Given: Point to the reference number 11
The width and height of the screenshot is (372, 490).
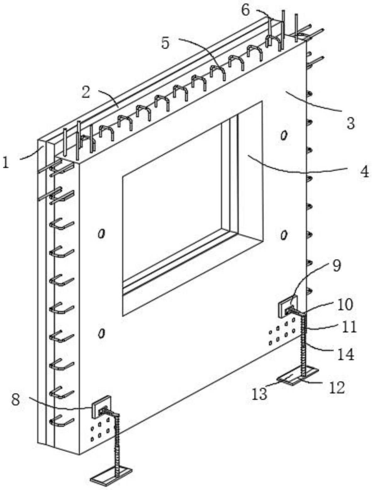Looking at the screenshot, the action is click(349, 328).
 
